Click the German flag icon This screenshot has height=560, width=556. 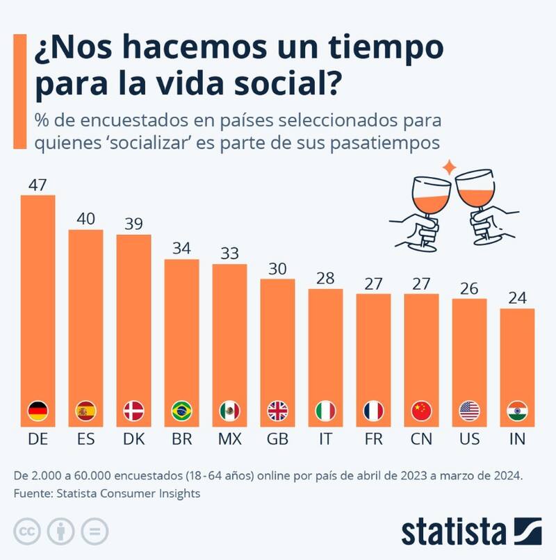[x=38, y=411]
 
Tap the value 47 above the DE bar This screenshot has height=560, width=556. [x=38, y=185]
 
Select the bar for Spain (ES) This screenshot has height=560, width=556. [x=85, y=327]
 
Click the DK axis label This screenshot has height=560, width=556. [x=133, y=440]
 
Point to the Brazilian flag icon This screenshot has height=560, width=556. [x=181, y=411]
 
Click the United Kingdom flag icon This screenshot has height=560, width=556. [x=277, y=411]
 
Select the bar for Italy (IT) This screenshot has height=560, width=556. [x=325, y=354]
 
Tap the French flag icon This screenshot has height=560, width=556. [x=373, y=411]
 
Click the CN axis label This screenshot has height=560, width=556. [x=421, y=440]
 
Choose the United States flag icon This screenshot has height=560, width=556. [x=470, y=411]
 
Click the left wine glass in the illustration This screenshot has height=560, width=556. [x=427, y=205]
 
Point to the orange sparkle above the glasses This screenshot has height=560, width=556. [x=450, y=167]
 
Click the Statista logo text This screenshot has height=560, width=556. [x=453, y=532]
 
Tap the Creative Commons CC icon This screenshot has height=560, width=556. [x=26, y=532]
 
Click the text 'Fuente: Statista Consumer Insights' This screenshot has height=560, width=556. [x=107, y=493]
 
